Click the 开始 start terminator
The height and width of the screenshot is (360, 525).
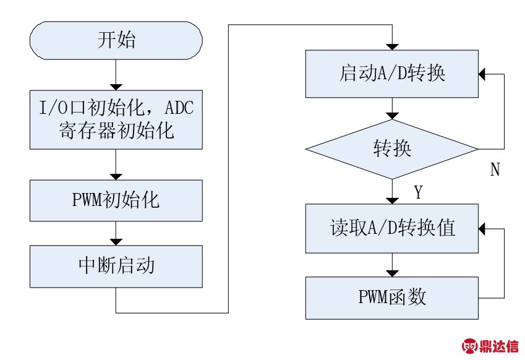tap(116, 41)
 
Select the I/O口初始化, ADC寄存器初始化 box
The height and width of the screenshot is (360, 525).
tap(116, 119)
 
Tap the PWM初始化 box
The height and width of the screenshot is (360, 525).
tap(116, 200)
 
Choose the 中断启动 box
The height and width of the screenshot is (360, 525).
tap(116, 266)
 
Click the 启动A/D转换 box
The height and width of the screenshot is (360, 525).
tap(392, 74)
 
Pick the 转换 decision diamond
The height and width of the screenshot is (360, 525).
tap(392, 149)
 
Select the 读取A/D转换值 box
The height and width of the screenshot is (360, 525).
tap(392, 228)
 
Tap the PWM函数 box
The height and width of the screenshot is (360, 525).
tap(392, 298)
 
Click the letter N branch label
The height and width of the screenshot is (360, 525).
tap(495, 169)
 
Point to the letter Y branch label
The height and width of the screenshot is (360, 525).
tap(419, 192)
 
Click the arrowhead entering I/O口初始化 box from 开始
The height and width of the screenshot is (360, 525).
tap(116, 87)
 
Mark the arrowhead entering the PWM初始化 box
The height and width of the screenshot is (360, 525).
tap(116, 177)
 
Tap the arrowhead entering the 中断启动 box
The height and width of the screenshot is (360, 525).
tap(116, 242)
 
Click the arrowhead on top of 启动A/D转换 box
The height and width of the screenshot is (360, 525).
tap(392, 47)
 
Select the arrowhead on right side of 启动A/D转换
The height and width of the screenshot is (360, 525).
tap(482, 74)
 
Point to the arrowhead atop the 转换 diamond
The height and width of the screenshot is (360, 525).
tap(392, 116)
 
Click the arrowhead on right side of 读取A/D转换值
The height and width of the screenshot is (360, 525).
tap(482, 229)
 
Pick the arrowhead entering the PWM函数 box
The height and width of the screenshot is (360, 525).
tap(392, 273)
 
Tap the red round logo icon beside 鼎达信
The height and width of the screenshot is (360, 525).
tap(470, 346)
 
